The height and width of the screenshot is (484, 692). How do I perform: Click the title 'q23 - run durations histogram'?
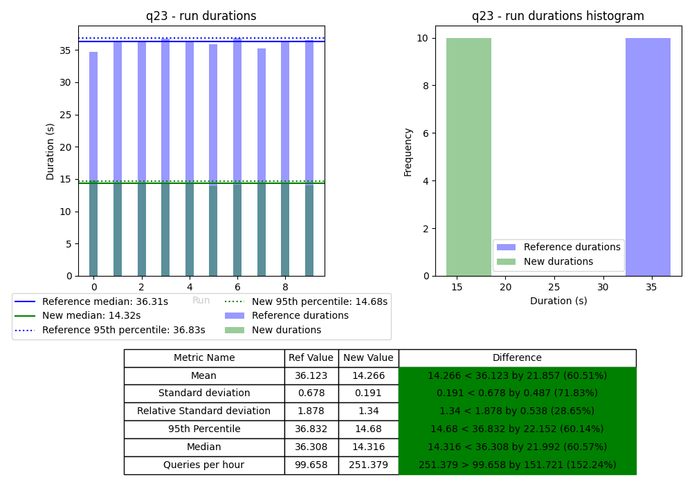[x=558, y=16]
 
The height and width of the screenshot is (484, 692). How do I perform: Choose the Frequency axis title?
[x=408, y=151]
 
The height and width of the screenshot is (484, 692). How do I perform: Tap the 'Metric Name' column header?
[x=204, y=358]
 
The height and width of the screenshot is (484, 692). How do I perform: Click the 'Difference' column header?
[x=517, y=358]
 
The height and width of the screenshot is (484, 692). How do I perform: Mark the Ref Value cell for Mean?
[x=311, y=376]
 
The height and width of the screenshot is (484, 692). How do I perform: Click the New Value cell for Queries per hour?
[x=368, y=465]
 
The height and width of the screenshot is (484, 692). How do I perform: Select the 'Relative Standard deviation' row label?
[x=204, y=411]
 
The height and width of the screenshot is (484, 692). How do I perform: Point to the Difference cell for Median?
[x=517, y=447]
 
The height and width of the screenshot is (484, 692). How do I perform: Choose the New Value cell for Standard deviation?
[x=368, y=393]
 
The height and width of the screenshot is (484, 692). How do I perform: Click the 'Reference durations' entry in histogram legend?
[x=572, y=248]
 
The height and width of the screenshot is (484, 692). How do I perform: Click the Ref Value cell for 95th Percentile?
[x=311, y=429]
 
